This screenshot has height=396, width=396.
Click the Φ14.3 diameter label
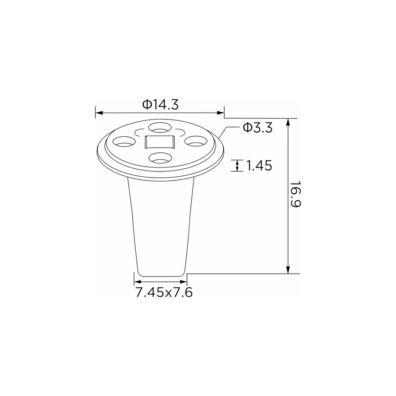161,105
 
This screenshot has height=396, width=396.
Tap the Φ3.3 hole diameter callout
258,128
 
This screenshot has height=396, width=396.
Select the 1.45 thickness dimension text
259,165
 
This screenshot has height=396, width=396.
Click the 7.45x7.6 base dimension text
164,292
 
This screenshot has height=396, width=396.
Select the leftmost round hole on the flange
124,142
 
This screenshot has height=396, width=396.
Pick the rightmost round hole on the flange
196,141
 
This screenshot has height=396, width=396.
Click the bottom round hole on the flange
160,158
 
